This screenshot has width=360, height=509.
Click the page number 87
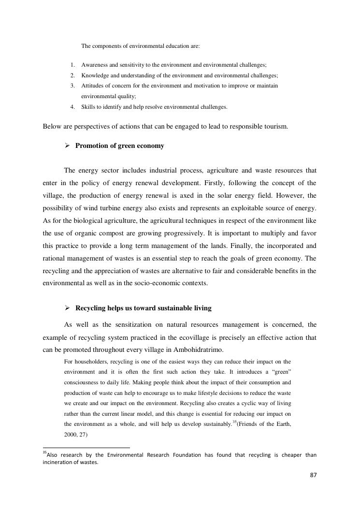pyautogui.click(x=313, y=475)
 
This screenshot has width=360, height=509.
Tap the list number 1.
pyautogui.click(x=72, y=65)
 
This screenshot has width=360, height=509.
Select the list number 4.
pyautogui.click(x=72, y=107)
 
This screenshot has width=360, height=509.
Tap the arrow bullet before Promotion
pyautogui.click(x=68, y=146)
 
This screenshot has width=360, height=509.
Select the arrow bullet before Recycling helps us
pyautogui.click(x=68, y=308)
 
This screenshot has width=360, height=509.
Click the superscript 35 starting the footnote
pyautogui.click(x=44, y=453)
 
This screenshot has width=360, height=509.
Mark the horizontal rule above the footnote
pyautogui.click(x=86, y=448)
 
